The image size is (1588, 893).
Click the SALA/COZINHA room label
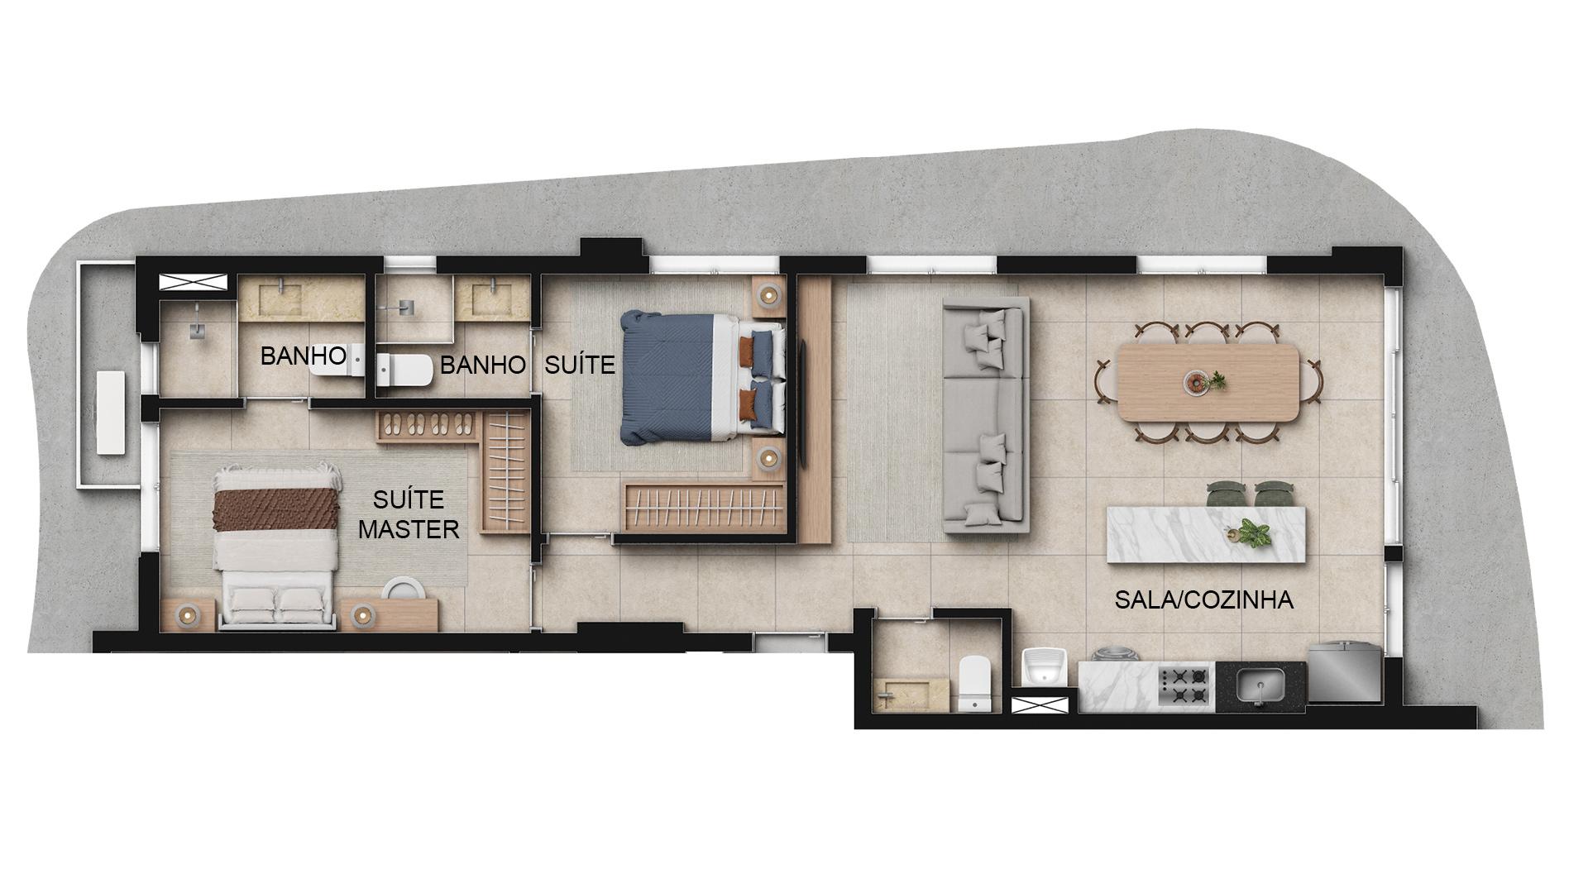coord(1203,599)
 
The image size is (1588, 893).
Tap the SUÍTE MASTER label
coord(409,513)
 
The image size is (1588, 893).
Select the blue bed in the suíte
coord(702,377)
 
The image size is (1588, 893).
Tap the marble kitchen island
coord(1207,534)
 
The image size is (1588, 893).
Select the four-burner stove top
coord(1184,686)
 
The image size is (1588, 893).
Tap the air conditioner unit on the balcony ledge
coord(110,413)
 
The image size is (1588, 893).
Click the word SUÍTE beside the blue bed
coord(580,364)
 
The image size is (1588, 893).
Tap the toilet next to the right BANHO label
coord(405,370)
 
